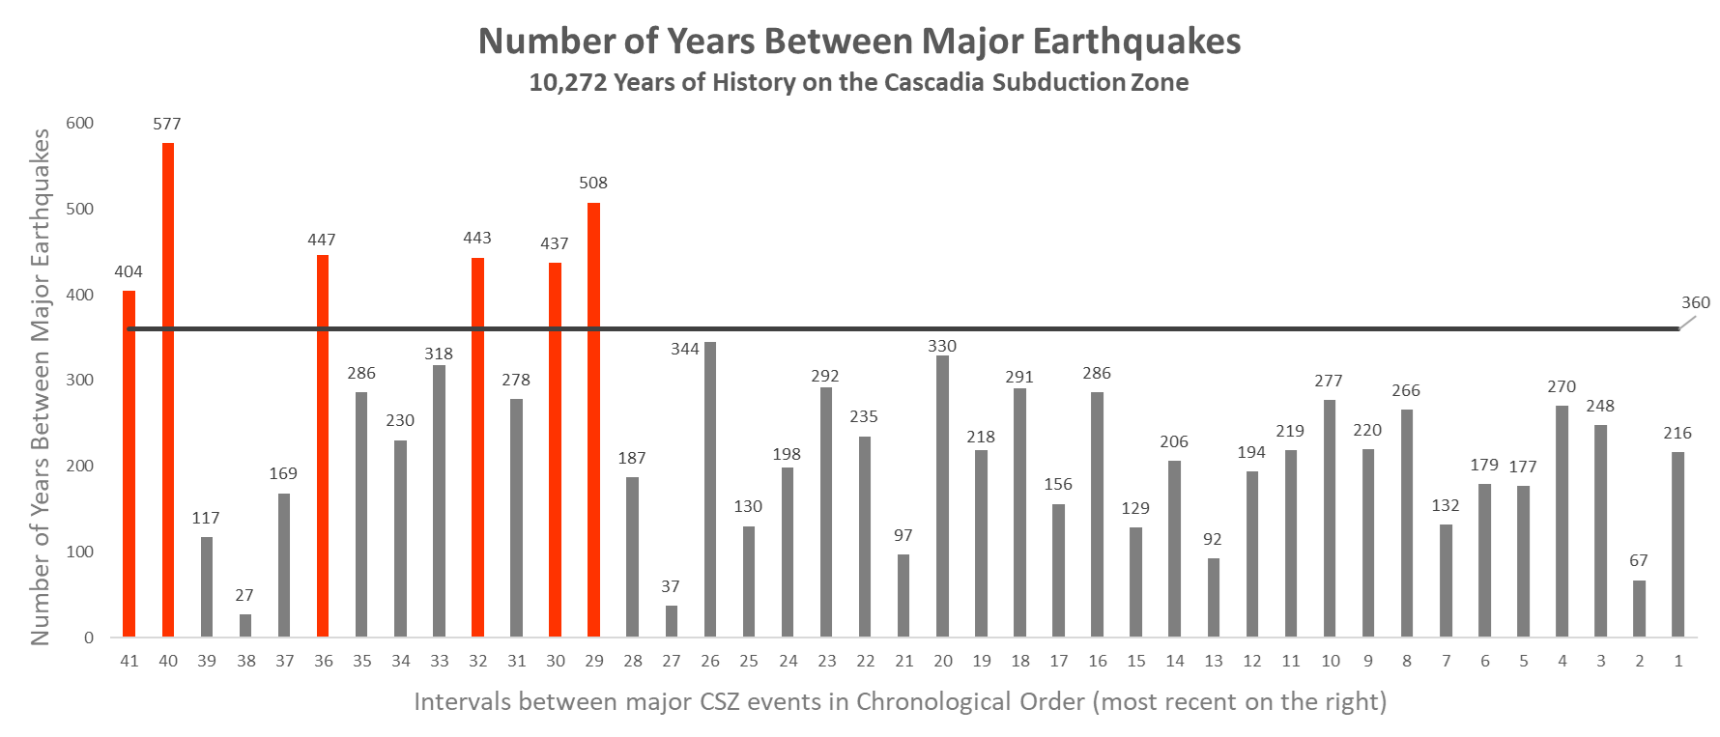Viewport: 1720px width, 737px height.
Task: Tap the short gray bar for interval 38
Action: pos(245,625)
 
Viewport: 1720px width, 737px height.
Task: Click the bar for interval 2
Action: pos(1640,609)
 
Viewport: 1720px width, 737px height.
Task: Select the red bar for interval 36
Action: pos(323,445)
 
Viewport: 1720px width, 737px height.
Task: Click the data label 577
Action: pos(166,124)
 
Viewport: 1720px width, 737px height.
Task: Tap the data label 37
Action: pos(671,586)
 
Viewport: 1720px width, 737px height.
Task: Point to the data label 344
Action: pos(684,349)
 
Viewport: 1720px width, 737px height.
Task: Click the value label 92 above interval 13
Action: pos(1213,539)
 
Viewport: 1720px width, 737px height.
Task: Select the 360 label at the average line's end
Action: pos(1695,302)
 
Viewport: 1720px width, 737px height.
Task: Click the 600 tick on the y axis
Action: pos(80,124)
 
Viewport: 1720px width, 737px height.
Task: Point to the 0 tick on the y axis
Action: pos(89,638)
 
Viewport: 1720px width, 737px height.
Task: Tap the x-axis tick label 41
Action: pos(129,662)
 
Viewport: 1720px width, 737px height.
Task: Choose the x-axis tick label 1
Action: pos(1678,662)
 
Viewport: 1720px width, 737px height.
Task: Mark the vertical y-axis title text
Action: pos(41,386)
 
